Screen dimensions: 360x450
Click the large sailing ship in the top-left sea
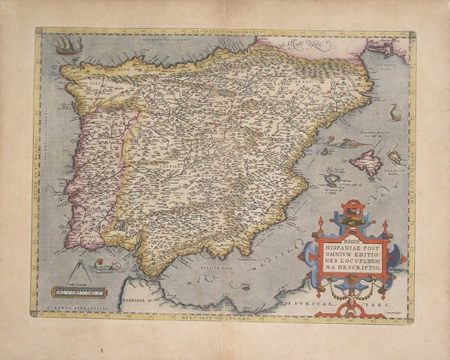pyautogui.click(x=67, y=44)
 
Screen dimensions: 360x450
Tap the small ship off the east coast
pyautogui.click(x=395, y=113)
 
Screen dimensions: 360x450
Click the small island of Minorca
pyautogui.click(x=394, y=157)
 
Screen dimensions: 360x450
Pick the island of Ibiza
pyautogui.click(x=331, y=179)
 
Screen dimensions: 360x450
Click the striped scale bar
pyautogui.click(x=79, y=292)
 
